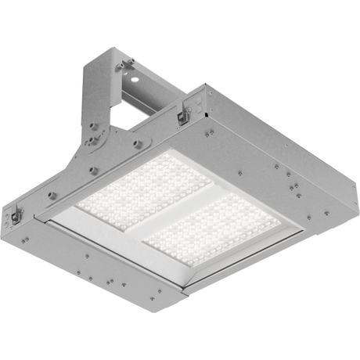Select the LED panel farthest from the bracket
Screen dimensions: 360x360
point(211,228)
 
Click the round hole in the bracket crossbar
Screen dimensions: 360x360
point(135,79)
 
